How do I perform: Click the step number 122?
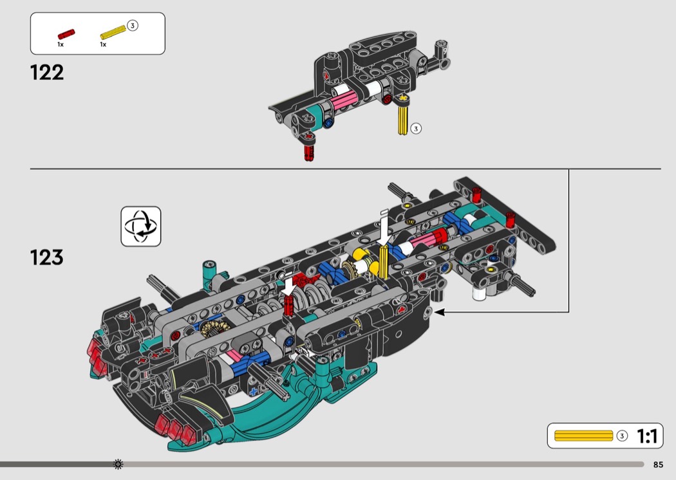coord(46,73)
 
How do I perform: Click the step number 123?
coord(46,257)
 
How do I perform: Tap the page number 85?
coord(658,465)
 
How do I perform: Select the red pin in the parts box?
coord(66,34)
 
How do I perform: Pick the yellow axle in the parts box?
coord(113,32)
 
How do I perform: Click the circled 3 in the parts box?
coord(133,26)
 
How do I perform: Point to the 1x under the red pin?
coord(61,44)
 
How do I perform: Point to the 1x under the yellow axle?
coord(103,44)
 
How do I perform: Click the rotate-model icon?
coord(140,226)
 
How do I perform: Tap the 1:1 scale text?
coord(647,436)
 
